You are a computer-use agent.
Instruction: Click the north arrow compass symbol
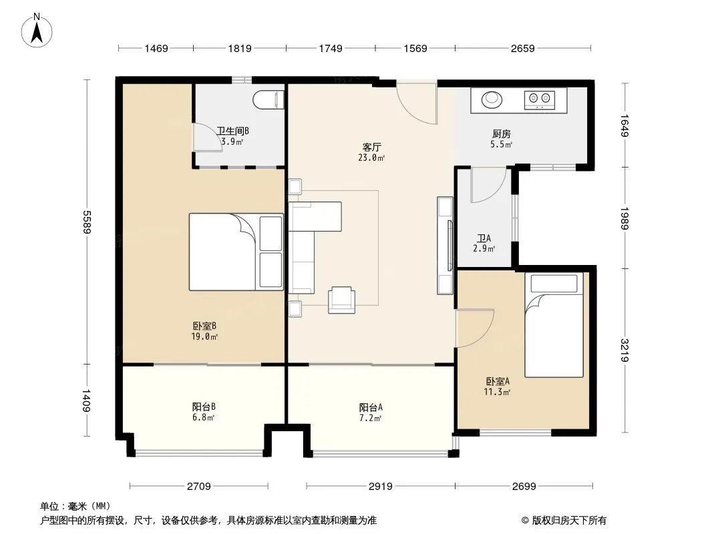point(37,31)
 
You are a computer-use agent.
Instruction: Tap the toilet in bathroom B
point(269,100)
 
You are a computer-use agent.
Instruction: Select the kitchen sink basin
point(492,99)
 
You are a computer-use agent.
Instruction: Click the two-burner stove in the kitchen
point(540,100)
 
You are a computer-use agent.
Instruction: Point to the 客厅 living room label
point(371,147)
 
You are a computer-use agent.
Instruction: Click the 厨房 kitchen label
point(502,134)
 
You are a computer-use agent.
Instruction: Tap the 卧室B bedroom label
point(204,326)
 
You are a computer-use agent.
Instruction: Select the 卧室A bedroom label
point(498,382)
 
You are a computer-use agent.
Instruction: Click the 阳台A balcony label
point(371,407)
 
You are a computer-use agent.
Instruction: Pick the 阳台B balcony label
point(204,407)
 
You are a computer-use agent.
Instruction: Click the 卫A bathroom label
point(484,238)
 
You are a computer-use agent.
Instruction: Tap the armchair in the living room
point(342,300)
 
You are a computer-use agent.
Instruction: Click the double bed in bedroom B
point(236,252)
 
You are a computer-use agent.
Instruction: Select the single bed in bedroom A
point(554,325)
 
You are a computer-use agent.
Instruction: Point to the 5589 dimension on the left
point(86,222)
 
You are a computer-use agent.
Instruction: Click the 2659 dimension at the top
point(523,48)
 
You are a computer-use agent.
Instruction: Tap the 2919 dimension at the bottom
point(381,487)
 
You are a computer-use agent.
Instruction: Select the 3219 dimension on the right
point(625,350)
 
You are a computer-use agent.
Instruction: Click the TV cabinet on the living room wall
point(445,246)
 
